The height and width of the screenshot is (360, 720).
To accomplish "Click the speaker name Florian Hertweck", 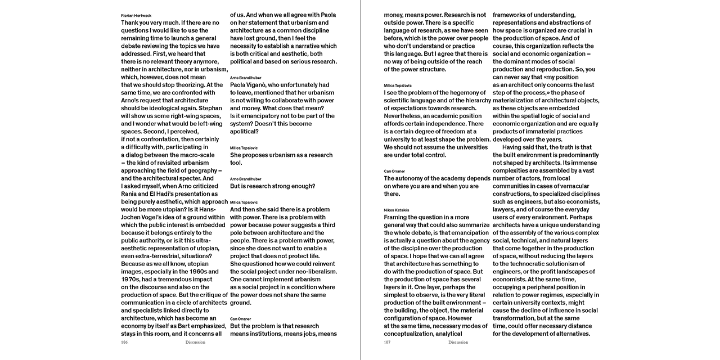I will tap(136, 15).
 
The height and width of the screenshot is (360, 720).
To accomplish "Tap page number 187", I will tap(388, 342).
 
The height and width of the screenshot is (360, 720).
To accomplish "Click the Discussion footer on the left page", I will tap(195, 342).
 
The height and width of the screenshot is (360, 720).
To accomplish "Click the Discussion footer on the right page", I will tap(458, 342).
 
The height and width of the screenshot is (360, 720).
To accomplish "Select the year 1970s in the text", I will tap(131, 279).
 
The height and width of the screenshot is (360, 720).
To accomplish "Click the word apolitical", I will tap(244, 132).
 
